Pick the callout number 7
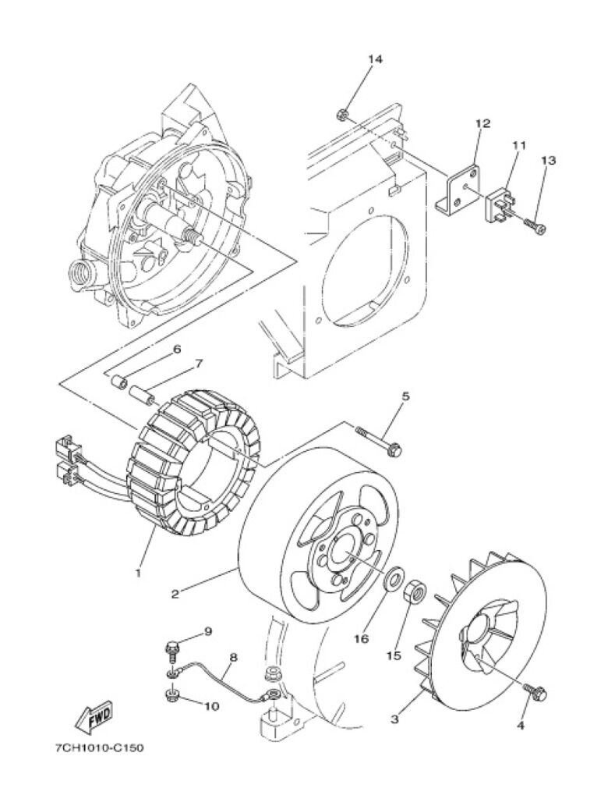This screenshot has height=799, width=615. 199,364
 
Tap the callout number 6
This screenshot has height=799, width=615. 177,349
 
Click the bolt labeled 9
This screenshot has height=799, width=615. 173,648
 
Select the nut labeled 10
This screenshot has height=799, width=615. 171,694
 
